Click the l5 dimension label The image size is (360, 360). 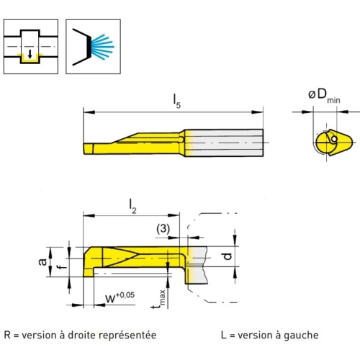tap(177, 101)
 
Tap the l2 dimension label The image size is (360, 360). tap(132, 206)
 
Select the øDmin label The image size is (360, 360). tap(324, 96)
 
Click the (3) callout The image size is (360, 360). tap(163, 228)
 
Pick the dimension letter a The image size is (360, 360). tap(42, 261)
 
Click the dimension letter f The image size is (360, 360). tap(63, 265)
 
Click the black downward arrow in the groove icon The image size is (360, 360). tap(30, 54)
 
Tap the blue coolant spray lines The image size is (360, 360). tap(102, 47)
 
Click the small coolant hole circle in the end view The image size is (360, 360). tap(334, 139)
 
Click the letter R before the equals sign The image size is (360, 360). tap(7, 335)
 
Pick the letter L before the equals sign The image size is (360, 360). tap(223, 335)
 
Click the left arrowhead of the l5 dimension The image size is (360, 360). tap(89, 112)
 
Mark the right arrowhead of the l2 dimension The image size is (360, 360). tap(174, 215)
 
